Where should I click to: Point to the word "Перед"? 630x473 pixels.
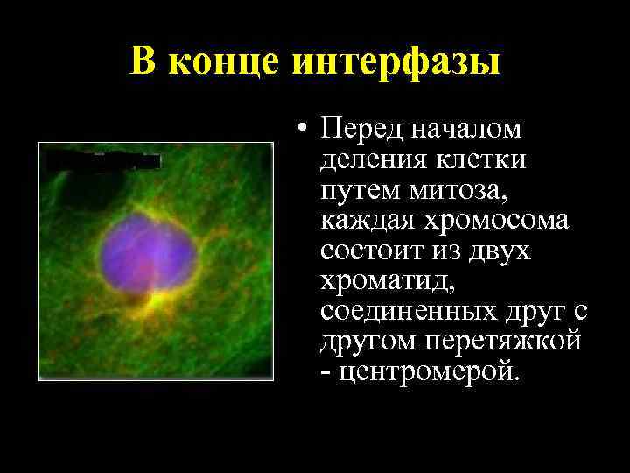360,130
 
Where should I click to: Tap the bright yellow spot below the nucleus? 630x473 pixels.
158,301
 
